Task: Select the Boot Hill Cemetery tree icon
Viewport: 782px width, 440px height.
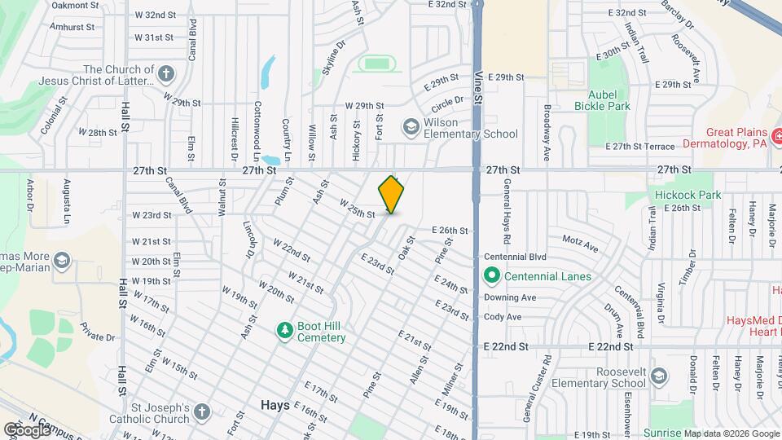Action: click(x=284, y=330)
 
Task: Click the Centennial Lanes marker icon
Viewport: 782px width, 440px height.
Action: click(x=491, y=276)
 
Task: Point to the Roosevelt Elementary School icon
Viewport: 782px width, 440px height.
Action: click(x=658, y=376)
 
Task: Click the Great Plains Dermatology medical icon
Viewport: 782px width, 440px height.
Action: click(x=777, y=136)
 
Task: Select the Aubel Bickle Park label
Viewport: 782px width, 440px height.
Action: click(x=602, y=99)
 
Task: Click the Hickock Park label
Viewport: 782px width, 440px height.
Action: click(x=687, y=195)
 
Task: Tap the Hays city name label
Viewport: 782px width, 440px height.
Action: click(x=275, y=405)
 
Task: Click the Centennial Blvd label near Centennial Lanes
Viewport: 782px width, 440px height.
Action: click(x=515, y=255)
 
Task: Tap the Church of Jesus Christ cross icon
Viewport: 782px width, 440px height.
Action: click(x=166, y=75)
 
